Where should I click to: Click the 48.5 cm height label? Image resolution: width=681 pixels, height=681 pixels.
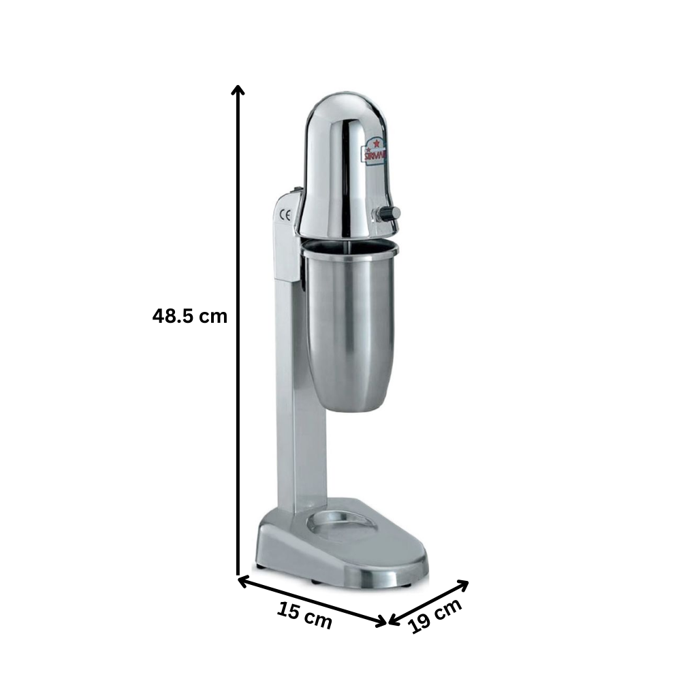tap(189, 316)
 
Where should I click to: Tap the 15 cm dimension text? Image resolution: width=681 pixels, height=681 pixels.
tap(304, 616)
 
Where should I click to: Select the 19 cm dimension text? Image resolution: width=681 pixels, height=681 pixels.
tap(437, 616)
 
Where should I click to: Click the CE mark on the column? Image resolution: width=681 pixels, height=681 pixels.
tap(286, 216)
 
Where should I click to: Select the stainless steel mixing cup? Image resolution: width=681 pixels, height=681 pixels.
tap(349, 327)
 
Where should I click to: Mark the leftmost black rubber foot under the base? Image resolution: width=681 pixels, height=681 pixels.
tap(260, 567)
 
